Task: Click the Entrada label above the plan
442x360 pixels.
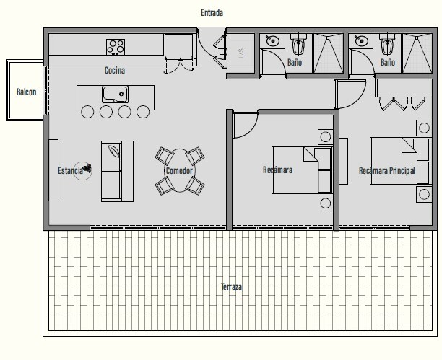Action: coord(212,13)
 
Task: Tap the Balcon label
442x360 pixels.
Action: coord(26,92)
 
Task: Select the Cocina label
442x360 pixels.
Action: coord(114,70)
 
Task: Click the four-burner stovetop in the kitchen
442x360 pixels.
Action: coord(116,47)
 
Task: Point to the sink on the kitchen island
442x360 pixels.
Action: coord(115,94)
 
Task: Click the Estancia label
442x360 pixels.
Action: coord(70,170)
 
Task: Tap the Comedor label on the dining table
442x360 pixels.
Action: coord(179,170)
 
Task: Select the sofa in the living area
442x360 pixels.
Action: coord(117,171)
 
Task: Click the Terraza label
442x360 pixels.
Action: coord(231,286)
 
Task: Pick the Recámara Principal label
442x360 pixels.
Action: coord(387,170)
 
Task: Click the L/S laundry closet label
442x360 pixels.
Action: coord(241,53)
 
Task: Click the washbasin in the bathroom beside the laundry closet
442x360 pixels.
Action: coord(272,41)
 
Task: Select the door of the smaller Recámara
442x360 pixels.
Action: coord(246,125)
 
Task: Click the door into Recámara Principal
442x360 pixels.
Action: coord(351,95)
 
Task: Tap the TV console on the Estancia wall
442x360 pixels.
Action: coord(53,170)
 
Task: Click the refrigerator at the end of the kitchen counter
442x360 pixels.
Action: coord(179,46)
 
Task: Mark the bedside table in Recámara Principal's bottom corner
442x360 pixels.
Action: coord(424,194)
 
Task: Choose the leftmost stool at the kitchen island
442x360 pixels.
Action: coord(87,112)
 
